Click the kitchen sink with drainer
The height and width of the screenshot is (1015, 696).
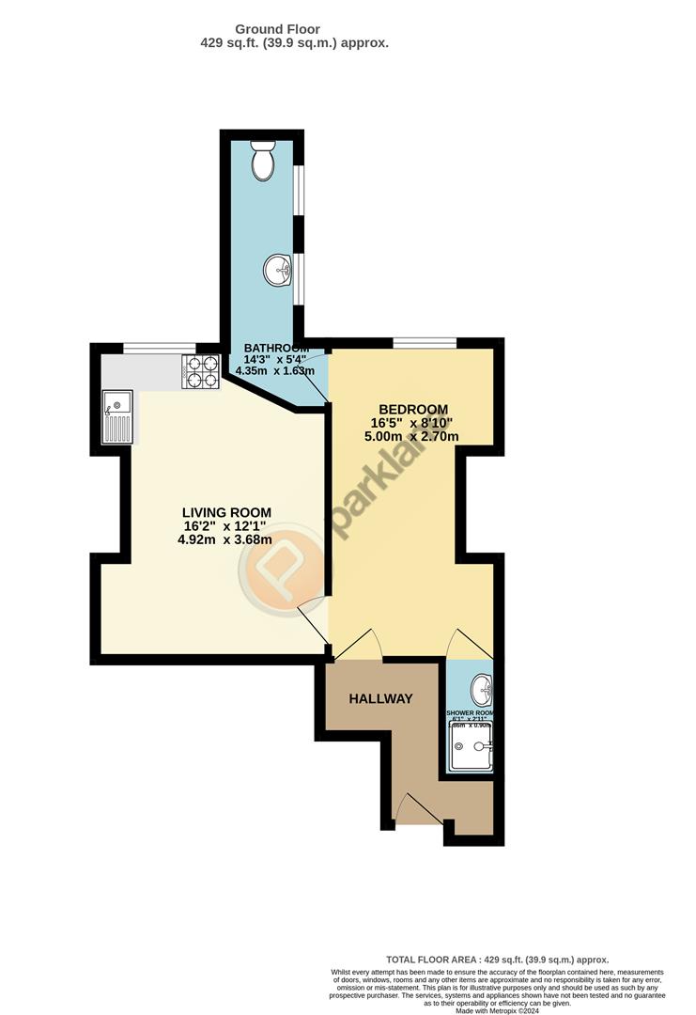(x=118, y=417)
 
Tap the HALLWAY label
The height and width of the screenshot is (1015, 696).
(x=380, y=699)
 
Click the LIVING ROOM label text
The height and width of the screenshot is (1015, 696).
(x=225, y=512)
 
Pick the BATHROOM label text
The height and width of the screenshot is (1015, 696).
(x=275, y=348)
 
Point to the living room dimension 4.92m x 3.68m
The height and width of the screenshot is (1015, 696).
(x=225, y=539)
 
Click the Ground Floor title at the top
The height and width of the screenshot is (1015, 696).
(x=277, y=30)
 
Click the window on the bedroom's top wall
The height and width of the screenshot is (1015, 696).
(x=425, y=342)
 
